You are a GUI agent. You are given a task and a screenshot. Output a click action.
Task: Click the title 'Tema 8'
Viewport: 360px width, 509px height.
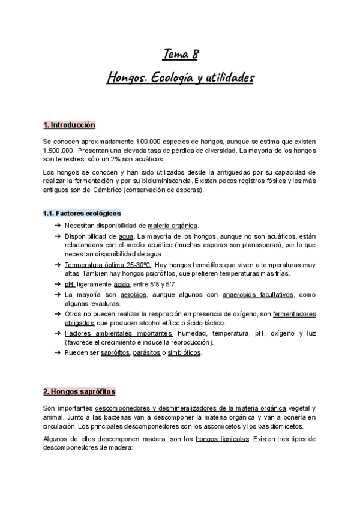(x=180, y=55)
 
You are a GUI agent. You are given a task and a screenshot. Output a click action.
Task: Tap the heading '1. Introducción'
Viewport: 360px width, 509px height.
(x=69, y=125)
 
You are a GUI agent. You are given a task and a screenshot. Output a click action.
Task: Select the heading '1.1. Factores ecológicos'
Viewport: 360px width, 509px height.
(x=82, y=213)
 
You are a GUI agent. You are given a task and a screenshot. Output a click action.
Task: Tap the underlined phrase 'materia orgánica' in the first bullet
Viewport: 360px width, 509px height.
(x=172, y=226)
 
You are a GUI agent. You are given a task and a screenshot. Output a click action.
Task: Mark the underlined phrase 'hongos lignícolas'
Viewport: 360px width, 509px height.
(x=222, y=438)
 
